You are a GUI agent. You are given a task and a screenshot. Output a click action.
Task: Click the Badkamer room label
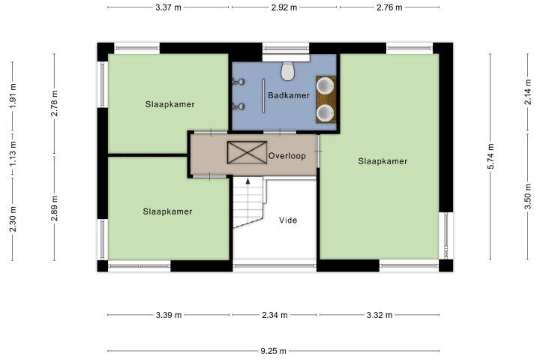click(289, 95)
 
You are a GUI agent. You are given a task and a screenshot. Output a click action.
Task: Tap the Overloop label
click(286, 156)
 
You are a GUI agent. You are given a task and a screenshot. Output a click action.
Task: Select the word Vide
click(288, 220)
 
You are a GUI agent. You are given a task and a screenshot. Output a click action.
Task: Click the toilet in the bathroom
click(287, 71)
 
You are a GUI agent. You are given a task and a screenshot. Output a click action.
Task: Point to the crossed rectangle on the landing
click(247, 152)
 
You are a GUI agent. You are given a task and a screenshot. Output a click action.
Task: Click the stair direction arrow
click(247, 181)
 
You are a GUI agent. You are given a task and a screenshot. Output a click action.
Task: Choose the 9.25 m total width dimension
click(273, 351)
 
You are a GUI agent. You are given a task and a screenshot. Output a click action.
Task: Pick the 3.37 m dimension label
click(168, 7)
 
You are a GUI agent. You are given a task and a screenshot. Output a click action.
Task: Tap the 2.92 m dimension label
click(284, 7)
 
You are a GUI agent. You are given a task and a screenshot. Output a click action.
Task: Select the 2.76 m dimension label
click(389, 7)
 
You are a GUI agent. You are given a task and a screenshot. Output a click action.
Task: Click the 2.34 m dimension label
click(274, 315)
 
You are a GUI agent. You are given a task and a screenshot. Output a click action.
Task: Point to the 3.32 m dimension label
click(379, 315)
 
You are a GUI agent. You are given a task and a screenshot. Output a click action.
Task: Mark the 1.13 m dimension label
click(13, 154)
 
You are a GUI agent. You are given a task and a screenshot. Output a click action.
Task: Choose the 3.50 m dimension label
click(527, 196)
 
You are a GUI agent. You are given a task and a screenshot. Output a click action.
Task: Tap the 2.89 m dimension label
click(55, 208)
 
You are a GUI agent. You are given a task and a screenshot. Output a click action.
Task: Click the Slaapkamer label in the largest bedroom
click(382, 161)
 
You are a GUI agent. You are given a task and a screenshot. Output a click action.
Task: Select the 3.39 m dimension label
click(169, 315)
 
